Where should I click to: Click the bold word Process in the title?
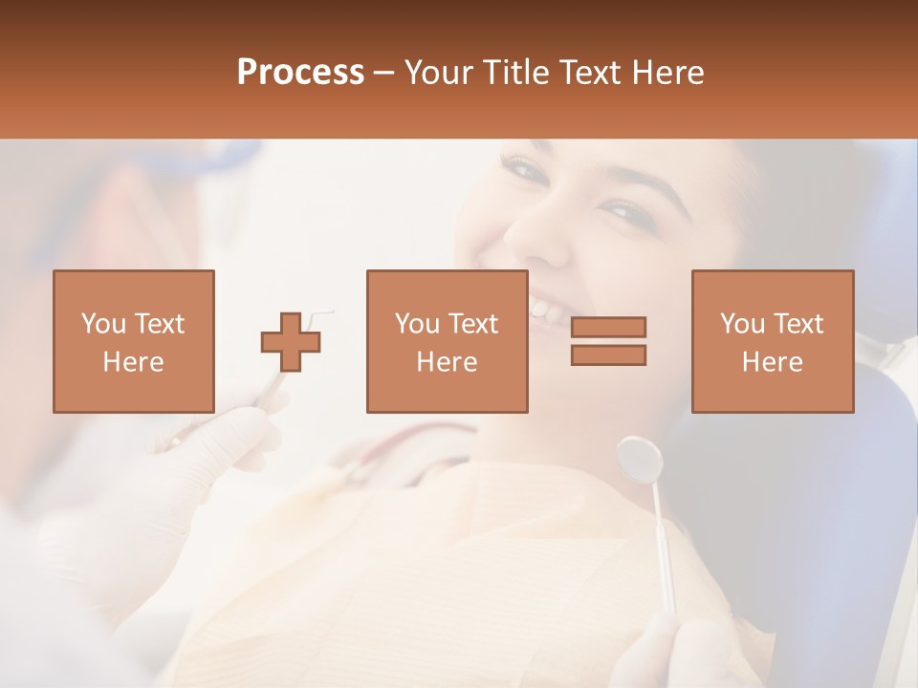300,72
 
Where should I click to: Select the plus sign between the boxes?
291,342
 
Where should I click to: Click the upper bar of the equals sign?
608,328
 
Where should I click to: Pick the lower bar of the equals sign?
608,355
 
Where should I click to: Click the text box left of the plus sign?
134,341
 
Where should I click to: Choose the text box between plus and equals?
447,341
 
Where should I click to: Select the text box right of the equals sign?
772,341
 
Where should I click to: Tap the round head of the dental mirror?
640,459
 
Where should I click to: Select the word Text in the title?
589,72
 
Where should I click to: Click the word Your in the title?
440,72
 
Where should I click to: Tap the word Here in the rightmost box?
772,362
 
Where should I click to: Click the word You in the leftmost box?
101,324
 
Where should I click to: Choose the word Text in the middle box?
473,324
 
